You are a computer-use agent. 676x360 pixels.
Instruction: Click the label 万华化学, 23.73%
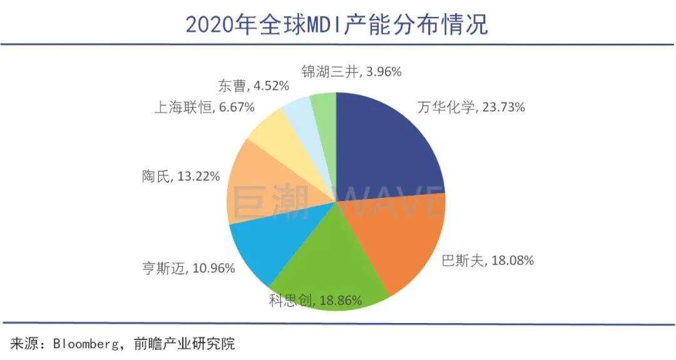coord(471,107)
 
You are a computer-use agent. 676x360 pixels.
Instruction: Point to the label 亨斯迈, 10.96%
coord(188,269)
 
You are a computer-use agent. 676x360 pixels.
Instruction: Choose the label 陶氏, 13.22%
coord(180,177)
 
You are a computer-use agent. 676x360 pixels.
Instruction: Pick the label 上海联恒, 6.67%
coord(204,107)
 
